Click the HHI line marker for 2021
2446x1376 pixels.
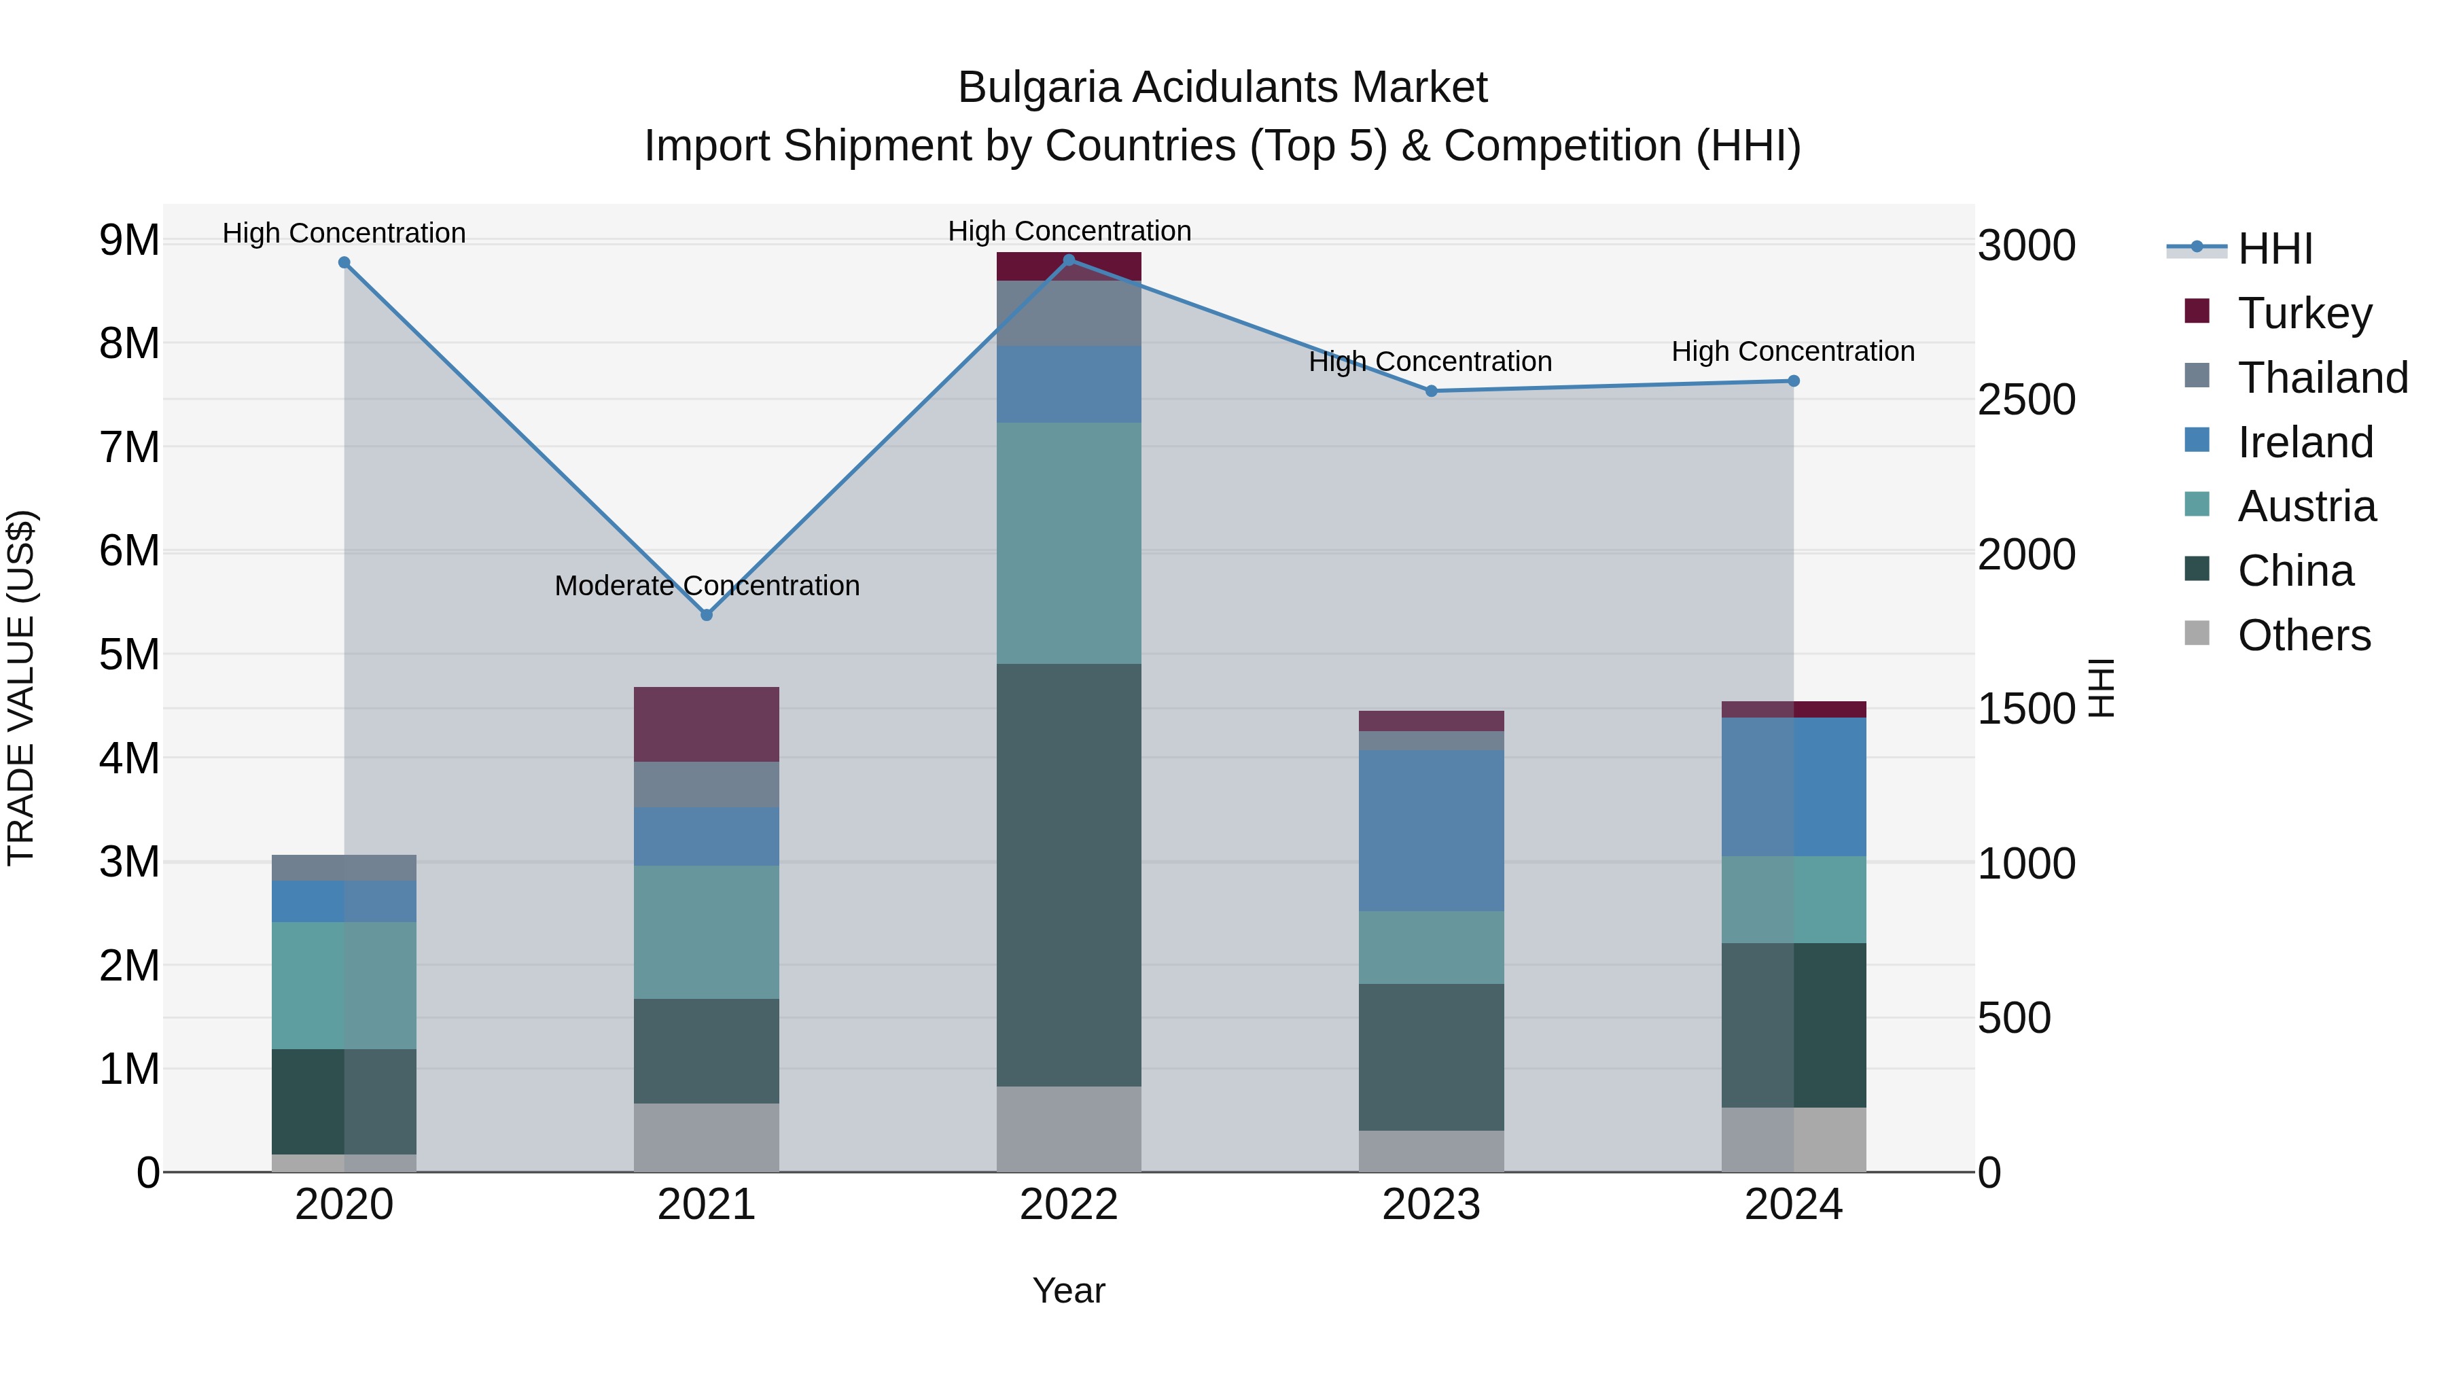[707, 614]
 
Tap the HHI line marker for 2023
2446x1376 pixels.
[1431, 390]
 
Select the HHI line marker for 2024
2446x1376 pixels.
[1793, 381]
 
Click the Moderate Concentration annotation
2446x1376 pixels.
[707, 585]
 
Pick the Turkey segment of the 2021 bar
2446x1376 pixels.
[707, 724]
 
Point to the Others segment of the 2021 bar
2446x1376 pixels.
[707, 1137]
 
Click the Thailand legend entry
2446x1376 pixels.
[2322, 377]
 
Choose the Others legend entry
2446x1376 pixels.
[2303, 635]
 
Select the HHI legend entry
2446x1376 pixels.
[2274, 249]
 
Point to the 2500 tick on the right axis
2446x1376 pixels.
[2026, 400]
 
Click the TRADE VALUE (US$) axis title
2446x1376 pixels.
[21, 688]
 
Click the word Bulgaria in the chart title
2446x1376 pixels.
[1039, 88]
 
